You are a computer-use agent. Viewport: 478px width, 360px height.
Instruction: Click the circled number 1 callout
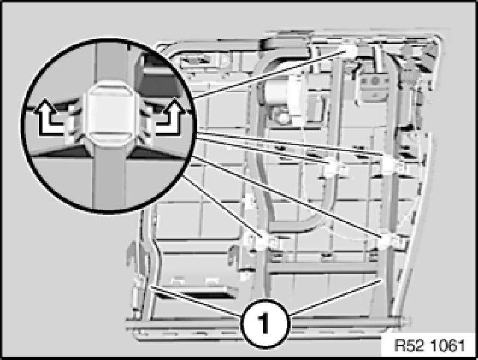click(x=264, y=323)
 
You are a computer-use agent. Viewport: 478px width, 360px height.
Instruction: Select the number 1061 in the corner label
click(x=448, y=346)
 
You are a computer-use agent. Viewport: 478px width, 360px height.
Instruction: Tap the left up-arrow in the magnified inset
click(x=49, y=117)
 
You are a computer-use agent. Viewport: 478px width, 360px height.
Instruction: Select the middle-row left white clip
click(x=334, y=167)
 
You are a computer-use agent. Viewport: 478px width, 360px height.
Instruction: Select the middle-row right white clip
click(x=391, y=165)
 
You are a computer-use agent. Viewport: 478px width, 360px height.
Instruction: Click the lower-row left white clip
click(x=263, y=240)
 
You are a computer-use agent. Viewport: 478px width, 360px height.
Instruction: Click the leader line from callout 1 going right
click(x=335, y=297)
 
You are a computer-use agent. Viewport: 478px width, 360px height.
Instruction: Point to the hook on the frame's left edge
click(x=131, y=253)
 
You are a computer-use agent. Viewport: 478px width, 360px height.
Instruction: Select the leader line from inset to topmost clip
click(x=270, y=75)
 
